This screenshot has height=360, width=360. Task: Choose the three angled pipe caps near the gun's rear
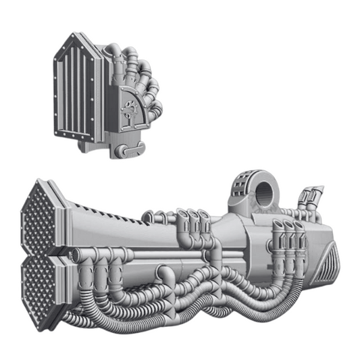(287, 230)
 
